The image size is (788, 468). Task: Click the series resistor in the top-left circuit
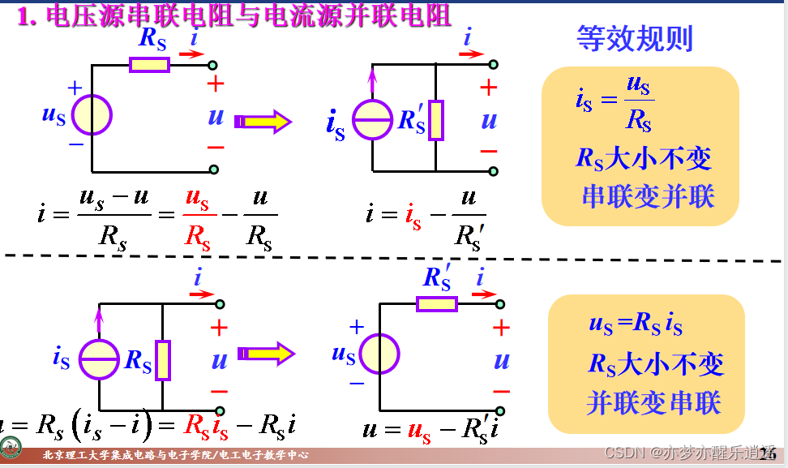click(149, 65)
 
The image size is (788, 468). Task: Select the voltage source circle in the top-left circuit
click(92, 115)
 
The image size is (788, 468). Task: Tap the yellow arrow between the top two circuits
click(263, 122)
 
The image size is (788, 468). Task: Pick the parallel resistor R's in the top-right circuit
click(436, 121)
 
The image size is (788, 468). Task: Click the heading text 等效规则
click(634, 38)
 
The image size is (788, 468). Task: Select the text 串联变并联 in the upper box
click(648, 196)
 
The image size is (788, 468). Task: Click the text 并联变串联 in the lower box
click(653, 403)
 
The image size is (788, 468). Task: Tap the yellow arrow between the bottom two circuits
click(266, 354)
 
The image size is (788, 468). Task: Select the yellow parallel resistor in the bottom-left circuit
click(163, 360)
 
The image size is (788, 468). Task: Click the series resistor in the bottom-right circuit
click(437, 303)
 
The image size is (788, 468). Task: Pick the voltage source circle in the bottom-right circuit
click(379, 354)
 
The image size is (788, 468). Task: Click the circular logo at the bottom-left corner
click(11, 448)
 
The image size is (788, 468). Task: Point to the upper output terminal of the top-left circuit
click(213, 65)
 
